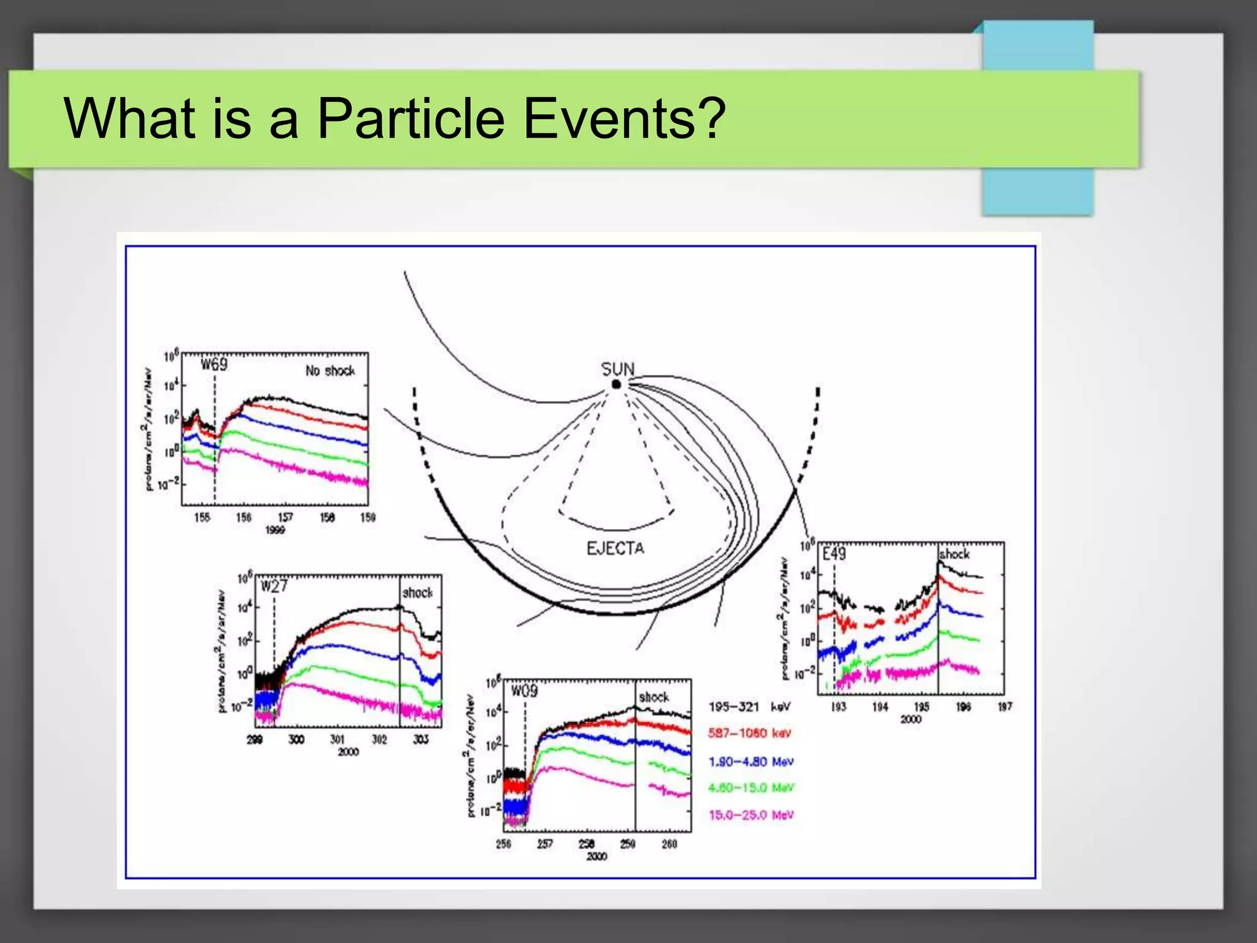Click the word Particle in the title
pos(411,118)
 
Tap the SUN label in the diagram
pos(617,369)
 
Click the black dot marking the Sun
pos(616,385)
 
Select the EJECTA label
pos(615,548)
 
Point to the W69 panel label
pos(214,365)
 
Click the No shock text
pos(330,371)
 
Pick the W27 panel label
pos(274,586)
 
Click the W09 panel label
pos(524,691)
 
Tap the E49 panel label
pos(833,554)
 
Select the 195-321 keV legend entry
pos(749,707)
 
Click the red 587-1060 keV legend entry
pos(749,733)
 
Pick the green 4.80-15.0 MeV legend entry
pos(751,788)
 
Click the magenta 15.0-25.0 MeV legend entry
pos(751,815)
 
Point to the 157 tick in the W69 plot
pos(285,518)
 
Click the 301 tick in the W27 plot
pos(338,739)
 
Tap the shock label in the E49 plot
pos(954,554)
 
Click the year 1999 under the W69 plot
pos(275,530)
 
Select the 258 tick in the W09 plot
pos(586,844)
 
